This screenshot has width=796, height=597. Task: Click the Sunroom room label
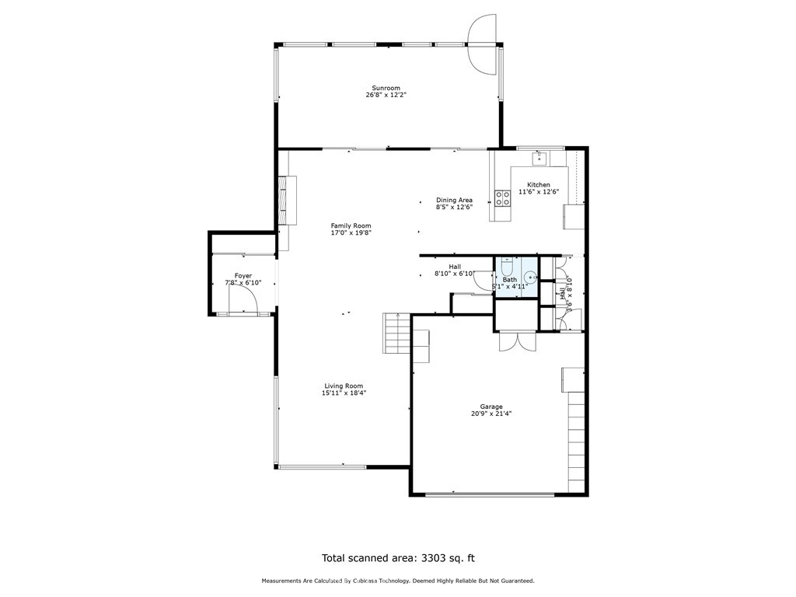coord(386,88)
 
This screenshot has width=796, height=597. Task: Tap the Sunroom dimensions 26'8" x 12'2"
coord(386,95)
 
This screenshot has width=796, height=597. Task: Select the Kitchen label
coord(538,185)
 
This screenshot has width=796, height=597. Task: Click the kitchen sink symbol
coord(539,159)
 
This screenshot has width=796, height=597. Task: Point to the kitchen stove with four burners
coord(503,198)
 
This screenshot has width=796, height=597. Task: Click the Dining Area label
coord(454,200)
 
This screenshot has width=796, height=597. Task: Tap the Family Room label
coord(351,226)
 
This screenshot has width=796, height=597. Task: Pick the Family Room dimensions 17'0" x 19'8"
coord(351,233)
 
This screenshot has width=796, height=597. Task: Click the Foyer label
coord(243,276)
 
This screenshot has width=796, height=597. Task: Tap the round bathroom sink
coord(530,278)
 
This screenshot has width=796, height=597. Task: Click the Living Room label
coord(344,386)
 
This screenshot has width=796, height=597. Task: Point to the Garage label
coord(491,407)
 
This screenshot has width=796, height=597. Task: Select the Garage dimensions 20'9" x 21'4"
coord(491,414)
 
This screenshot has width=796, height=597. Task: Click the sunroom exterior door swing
coord(481,44)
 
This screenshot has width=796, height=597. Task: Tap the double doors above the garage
coord(517,341)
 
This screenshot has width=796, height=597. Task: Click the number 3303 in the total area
coord(433,558)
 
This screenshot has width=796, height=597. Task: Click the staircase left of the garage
coord(396,333)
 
